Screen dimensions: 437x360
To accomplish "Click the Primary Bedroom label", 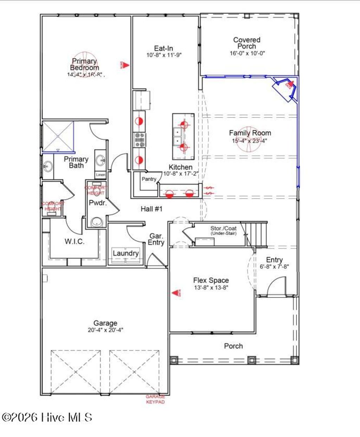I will (x=84, y=64).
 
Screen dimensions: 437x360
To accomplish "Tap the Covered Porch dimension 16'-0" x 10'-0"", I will (x=247, y=53).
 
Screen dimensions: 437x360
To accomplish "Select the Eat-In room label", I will (x=163, y=49).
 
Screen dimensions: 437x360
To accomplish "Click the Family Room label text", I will (x=250, y=133).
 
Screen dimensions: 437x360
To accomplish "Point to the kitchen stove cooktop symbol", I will (x=140, y=140).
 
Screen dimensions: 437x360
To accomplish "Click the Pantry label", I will (x=149, y=179).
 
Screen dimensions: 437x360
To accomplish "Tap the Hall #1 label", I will (x=152, y=209).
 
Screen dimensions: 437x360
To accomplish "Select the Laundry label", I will (x=126, y=253).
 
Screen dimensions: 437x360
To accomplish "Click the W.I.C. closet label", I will (x=74, y=242).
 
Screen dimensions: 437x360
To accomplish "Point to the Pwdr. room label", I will (x=97, y=203).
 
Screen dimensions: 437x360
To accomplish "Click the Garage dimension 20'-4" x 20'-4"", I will (x=105, y=330).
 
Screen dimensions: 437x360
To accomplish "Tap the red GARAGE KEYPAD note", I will (x=155, y=399).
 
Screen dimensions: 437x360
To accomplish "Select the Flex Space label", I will (x=211, y=280).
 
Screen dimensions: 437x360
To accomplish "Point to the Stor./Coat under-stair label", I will (x=223, y=230).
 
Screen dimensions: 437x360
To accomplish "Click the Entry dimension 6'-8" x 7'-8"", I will (x=274, y=266).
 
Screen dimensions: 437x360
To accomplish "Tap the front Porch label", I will (x=233, y=346).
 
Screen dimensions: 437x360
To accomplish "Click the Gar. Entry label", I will (x=156, y=239).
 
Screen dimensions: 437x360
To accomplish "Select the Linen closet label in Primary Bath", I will (x=101, y=175).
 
